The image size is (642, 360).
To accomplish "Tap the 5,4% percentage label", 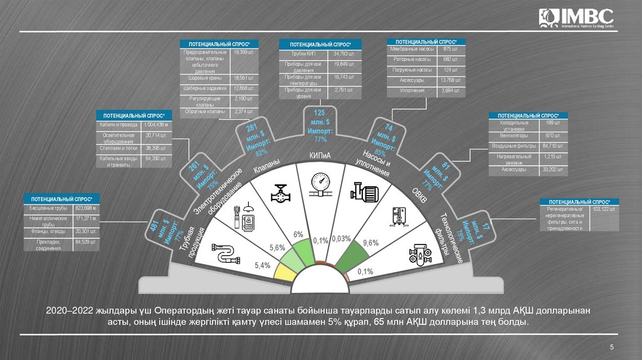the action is pyautogui.click(x=262, y=265).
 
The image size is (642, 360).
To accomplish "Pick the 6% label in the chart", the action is pyautogui.click(x=298, y=234).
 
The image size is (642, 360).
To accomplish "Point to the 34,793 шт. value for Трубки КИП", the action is pyautogui.click(x=344, y=54).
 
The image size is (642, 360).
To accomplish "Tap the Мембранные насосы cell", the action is pyautogui.click(x=411, y=49).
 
